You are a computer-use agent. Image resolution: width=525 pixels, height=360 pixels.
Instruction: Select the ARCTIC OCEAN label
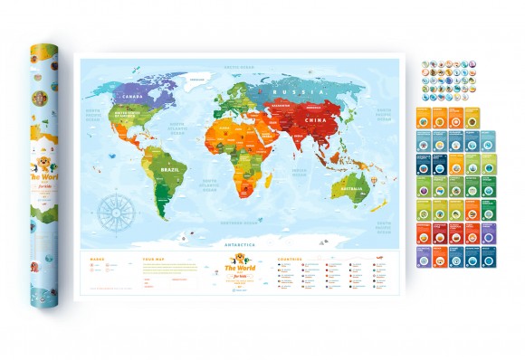(237, 66)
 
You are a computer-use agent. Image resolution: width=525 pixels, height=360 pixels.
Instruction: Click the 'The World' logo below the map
(237, 271)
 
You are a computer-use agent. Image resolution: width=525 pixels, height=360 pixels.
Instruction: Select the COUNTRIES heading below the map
(295, 259)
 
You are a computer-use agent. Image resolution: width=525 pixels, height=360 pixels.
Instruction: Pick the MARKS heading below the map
(98, 259)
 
